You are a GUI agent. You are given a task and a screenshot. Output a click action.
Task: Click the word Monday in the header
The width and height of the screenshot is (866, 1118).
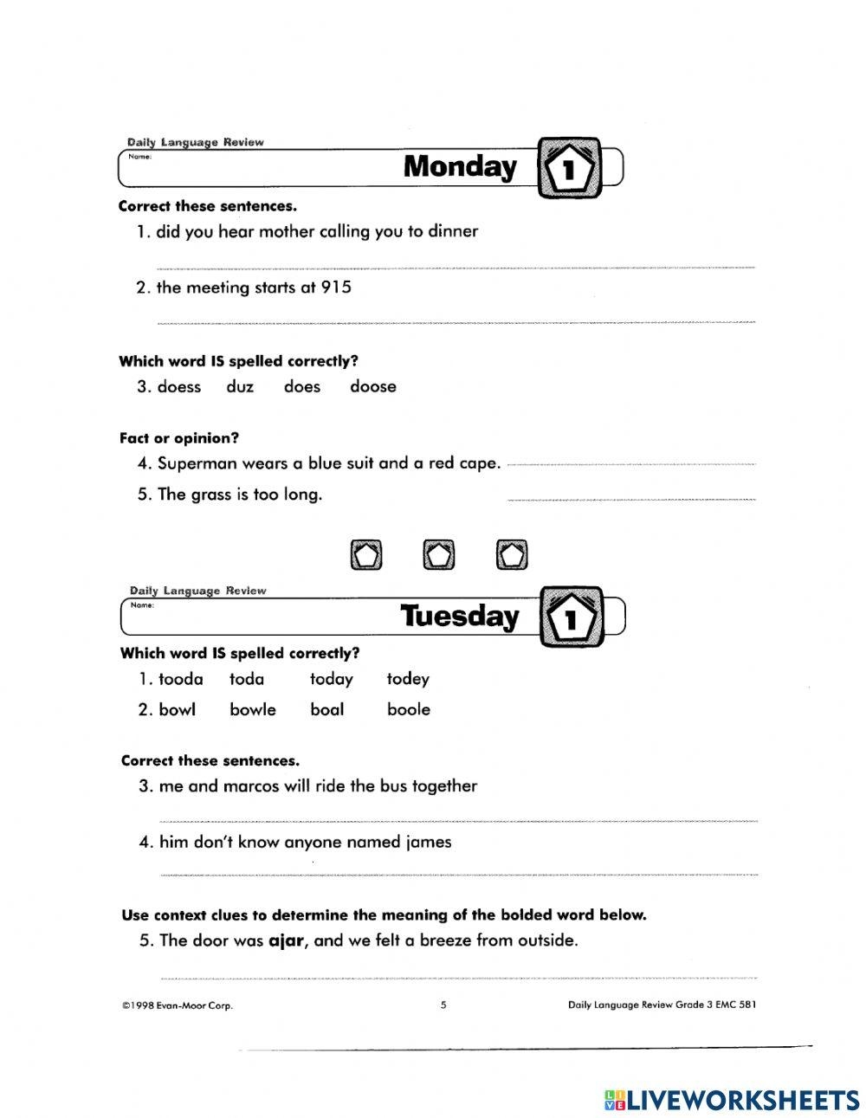click(459, 166)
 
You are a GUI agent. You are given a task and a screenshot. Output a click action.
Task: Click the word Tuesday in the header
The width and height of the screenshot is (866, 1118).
click(459, 616)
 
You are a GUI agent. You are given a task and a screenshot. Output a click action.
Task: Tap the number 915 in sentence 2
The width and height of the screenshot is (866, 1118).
click(336, 288)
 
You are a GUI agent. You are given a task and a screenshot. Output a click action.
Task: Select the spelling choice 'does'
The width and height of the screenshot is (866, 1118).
click(302, 387)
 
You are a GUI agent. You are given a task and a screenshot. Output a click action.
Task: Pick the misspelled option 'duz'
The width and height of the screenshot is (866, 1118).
click(240, 387)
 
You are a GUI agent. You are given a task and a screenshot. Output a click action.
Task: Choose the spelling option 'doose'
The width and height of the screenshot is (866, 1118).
click(373, 387)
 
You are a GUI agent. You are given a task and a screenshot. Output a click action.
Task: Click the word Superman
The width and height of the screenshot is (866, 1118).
click(197, 463)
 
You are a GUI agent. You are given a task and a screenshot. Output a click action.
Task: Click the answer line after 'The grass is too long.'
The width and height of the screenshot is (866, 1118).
click(630, 500)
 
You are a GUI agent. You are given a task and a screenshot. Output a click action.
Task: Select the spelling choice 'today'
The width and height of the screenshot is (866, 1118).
click(332, 680)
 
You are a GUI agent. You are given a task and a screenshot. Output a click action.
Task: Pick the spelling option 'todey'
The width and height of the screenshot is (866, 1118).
click(408, 680)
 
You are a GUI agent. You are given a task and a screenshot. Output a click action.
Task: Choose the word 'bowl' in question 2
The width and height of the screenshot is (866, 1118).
click(178, 710)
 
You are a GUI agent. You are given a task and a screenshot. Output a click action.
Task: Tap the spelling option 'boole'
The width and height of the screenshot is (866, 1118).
click(409, 710)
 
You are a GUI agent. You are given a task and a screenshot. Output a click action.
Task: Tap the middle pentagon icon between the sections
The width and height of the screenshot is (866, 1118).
click(439, 555)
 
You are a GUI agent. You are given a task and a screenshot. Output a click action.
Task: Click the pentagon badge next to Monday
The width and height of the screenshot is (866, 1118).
click(569, 168)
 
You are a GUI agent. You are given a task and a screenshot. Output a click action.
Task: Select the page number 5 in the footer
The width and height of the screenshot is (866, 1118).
click(443, 1005)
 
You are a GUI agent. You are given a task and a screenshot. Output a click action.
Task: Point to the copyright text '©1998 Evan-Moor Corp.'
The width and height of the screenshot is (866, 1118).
click(178, 1006)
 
